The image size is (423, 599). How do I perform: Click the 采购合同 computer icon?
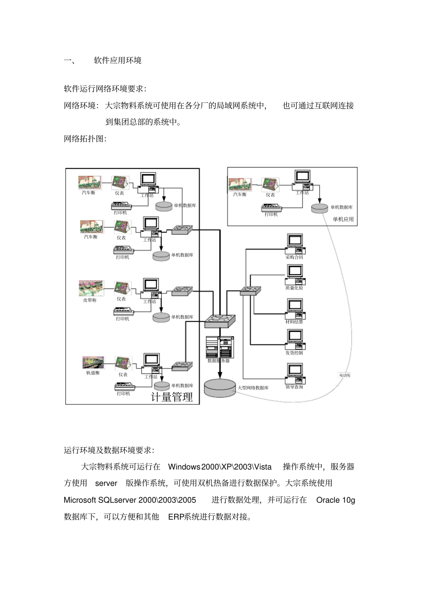coord(294,244)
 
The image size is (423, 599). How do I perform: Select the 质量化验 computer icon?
coord(294,274)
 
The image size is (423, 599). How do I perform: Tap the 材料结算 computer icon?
coord(294,308)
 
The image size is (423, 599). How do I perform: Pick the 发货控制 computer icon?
coord(294,339)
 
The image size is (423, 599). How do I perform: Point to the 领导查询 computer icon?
coord(294,373)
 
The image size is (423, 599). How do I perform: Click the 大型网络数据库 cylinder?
coord(220,387)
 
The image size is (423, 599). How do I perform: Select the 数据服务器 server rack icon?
coord(220,347)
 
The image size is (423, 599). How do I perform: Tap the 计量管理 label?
coord(172,397)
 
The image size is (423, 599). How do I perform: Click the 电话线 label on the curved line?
coord(345,375)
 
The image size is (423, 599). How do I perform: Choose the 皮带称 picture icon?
coord(91,288)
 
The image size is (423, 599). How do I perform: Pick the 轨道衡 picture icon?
coord(93,363)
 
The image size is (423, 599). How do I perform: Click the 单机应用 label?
coord(343,219)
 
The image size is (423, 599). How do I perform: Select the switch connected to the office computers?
coord(250,290)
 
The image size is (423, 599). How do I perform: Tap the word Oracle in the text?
coord(328,500)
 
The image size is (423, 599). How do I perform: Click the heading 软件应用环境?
coord(118,61)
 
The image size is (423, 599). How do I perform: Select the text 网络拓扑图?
coord(85,139)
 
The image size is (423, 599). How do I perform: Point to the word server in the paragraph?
coord(106,483)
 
